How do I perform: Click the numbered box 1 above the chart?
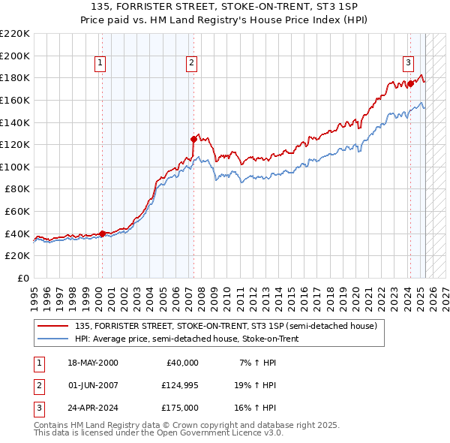tap(100, 63)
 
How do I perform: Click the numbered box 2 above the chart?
tap(192, 63)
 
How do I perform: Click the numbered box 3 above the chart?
tap(409, 63)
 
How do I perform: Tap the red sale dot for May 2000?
tap(102, 234)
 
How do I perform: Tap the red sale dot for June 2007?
tap(193, 139)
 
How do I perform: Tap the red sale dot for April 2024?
tap(410, 83)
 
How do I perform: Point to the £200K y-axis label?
tap(15, 56)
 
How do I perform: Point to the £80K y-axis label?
tap(17, 189)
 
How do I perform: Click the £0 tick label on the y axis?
tap(24, 279)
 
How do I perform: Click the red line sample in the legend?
tap(52, 326)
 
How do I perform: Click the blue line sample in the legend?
tap(52, 339)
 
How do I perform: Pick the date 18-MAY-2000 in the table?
tap(92, 363)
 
